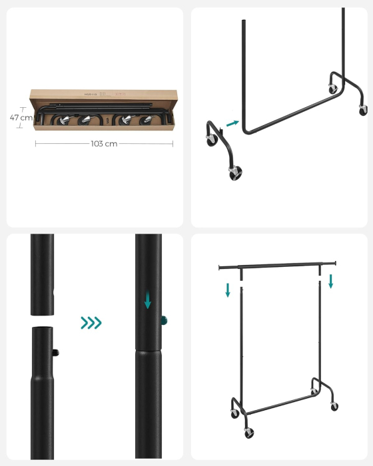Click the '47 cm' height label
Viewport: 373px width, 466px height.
[x=21, y=117]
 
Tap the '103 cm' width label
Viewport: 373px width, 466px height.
[x=103, y=143]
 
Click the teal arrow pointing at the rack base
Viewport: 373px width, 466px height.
[x=232, y=122]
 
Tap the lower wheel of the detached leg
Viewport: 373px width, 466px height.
[x=235, y=174]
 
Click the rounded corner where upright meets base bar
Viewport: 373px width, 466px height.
[x=245, y=127]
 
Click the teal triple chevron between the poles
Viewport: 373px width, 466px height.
[x=91, y=323]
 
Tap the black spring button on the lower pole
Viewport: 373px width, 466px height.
[x=57, y=351]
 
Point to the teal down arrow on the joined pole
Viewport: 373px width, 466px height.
[x=147, y=302]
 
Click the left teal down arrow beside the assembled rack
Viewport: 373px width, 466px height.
[x=228, y=290]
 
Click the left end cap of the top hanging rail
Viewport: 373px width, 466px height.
[x=219, y=268]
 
